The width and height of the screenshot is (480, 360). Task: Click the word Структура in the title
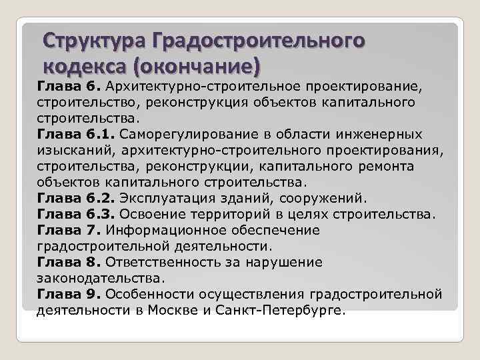[x=95, y=41]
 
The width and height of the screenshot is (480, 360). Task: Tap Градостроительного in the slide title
[x=259, y=41]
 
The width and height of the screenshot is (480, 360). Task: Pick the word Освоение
[x=148, y=214]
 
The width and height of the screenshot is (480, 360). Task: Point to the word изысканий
[x=69, y=149]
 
